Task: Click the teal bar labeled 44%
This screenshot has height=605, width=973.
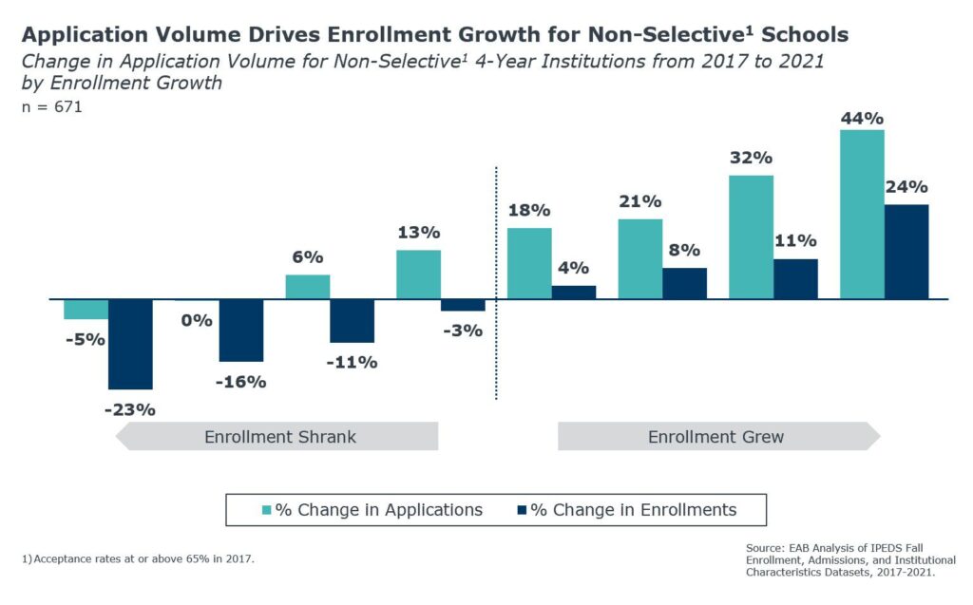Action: click(x=862, y=215)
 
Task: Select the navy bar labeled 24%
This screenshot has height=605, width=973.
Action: click(x=906, y=252)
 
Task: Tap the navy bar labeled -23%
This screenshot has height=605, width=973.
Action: click(x=130, y=345)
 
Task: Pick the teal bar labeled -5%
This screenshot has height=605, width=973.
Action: click(x=86, y=309)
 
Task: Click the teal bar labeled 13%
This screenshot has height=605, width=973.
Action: click(x=419, y=274)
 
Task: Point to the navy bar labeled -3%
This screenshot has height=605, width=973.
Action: click(x=463, y=305)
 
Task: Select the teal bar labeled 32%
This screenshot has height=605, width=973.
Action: click(x=751, y=237)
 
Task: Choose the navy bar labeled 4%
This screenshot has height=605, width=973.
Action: click(x=574, y=293)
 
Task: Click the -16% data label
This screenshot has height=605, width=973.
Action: click(x=240, y=382)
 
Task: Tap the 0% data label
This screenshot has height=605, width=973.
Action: click(x=197, y=321)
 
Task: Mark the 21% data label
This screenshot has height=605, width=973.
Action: click(x=639, y=201)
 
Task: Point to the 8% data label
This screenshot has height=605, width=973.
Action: click(x=684, y=250)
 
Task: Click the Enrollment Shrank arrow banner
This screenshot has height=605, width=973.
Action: click(x=277, y=436)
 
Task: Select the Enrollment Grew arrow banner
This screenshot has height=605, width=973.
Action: click(x=719, y=436)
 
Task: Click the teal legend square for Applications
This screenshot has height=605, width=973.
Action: click(x=267, y=510)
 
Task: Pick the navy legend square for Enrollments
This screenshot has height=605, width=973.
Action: click(x=522, y=510)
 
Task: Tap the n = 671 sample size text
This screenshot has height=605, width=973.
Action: click(x=52, y=106)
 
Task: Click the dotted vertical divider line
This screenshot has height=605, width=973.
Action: click(x=496, y=283)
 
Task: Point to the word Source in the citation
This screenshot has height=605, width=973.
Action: click(x=765, y=548)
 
